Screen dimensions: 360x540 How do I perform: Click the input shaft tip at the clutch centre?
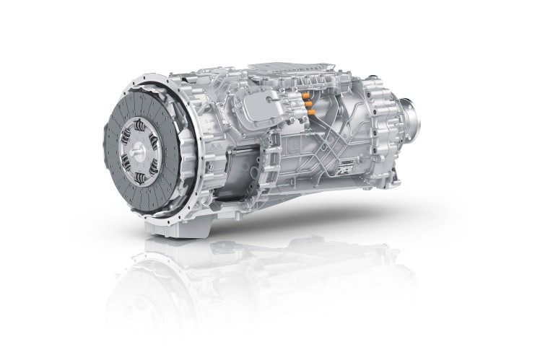coord(138,153)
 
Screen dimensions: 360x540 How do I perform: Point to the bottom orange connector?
coord(311,113)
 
